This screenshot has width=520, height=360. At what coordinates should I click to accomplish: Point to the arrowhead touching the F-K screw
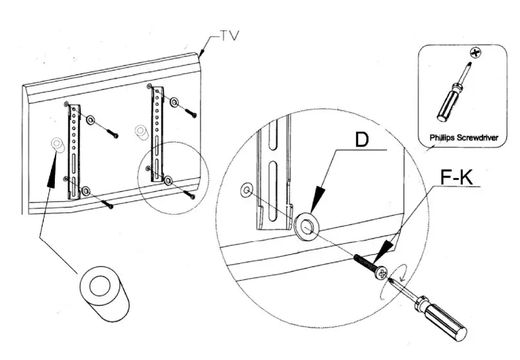coord(385,248)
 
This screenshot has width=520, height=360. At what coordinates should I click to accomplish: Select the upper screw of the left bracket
coord(114,135)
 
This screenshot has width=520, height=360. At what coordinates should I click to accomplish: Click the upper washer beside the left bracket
coord(90,121)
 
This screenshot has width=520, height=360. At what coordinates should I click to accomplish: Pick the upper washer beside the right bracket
coord(174,101)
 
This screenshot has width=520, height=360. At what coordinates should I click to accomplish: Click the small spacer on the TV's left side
coord(57,145)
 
